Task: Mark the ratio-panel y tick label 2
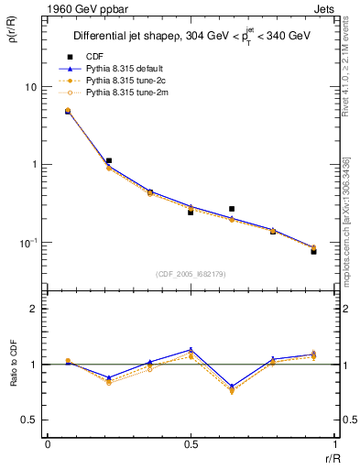pyautogui.click(x=34, y=309)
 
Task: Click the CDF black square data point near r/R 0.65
pyautogui.click(x=232, y=209)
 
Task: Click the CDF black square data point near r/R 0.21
pyautogui.click(x=109, y=160)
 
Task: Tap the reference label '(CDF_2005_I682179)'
pyautogui.click(x=191, y=273)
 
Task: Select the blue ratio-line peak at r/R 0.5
pyautogui.click(x=191, y=349)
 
